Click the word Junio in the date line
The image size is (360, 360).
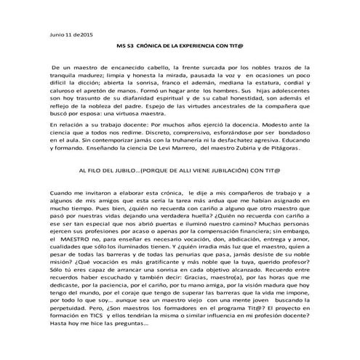pos(54,34)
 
